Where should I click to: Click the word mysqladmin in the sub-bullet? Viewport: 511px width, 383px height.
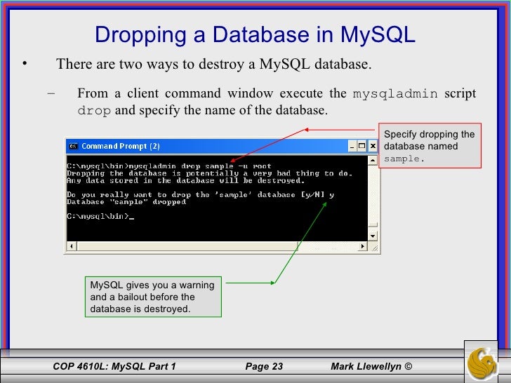[x=394, y=94]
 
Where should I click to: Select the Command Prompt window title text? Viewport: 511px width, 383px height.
[x=120, y=147]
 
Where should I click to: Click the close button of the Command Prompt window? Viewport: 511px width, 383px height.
[x=373, y=147]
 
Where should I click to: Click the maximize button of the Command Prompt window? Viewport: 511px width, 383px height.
[x=362, y=147]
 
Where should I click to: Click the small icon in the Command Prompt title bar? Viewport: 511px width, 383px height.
[x=72, y=147]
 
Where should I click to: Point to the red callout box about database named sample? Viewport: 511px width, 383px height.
[x=428, y=146]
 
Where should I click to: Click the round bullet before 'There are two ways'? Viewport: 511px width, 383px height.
[x=23, y=65]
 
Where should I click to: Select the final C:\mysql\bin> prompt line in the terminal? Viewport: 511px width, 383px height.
[x=98, y=216]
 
